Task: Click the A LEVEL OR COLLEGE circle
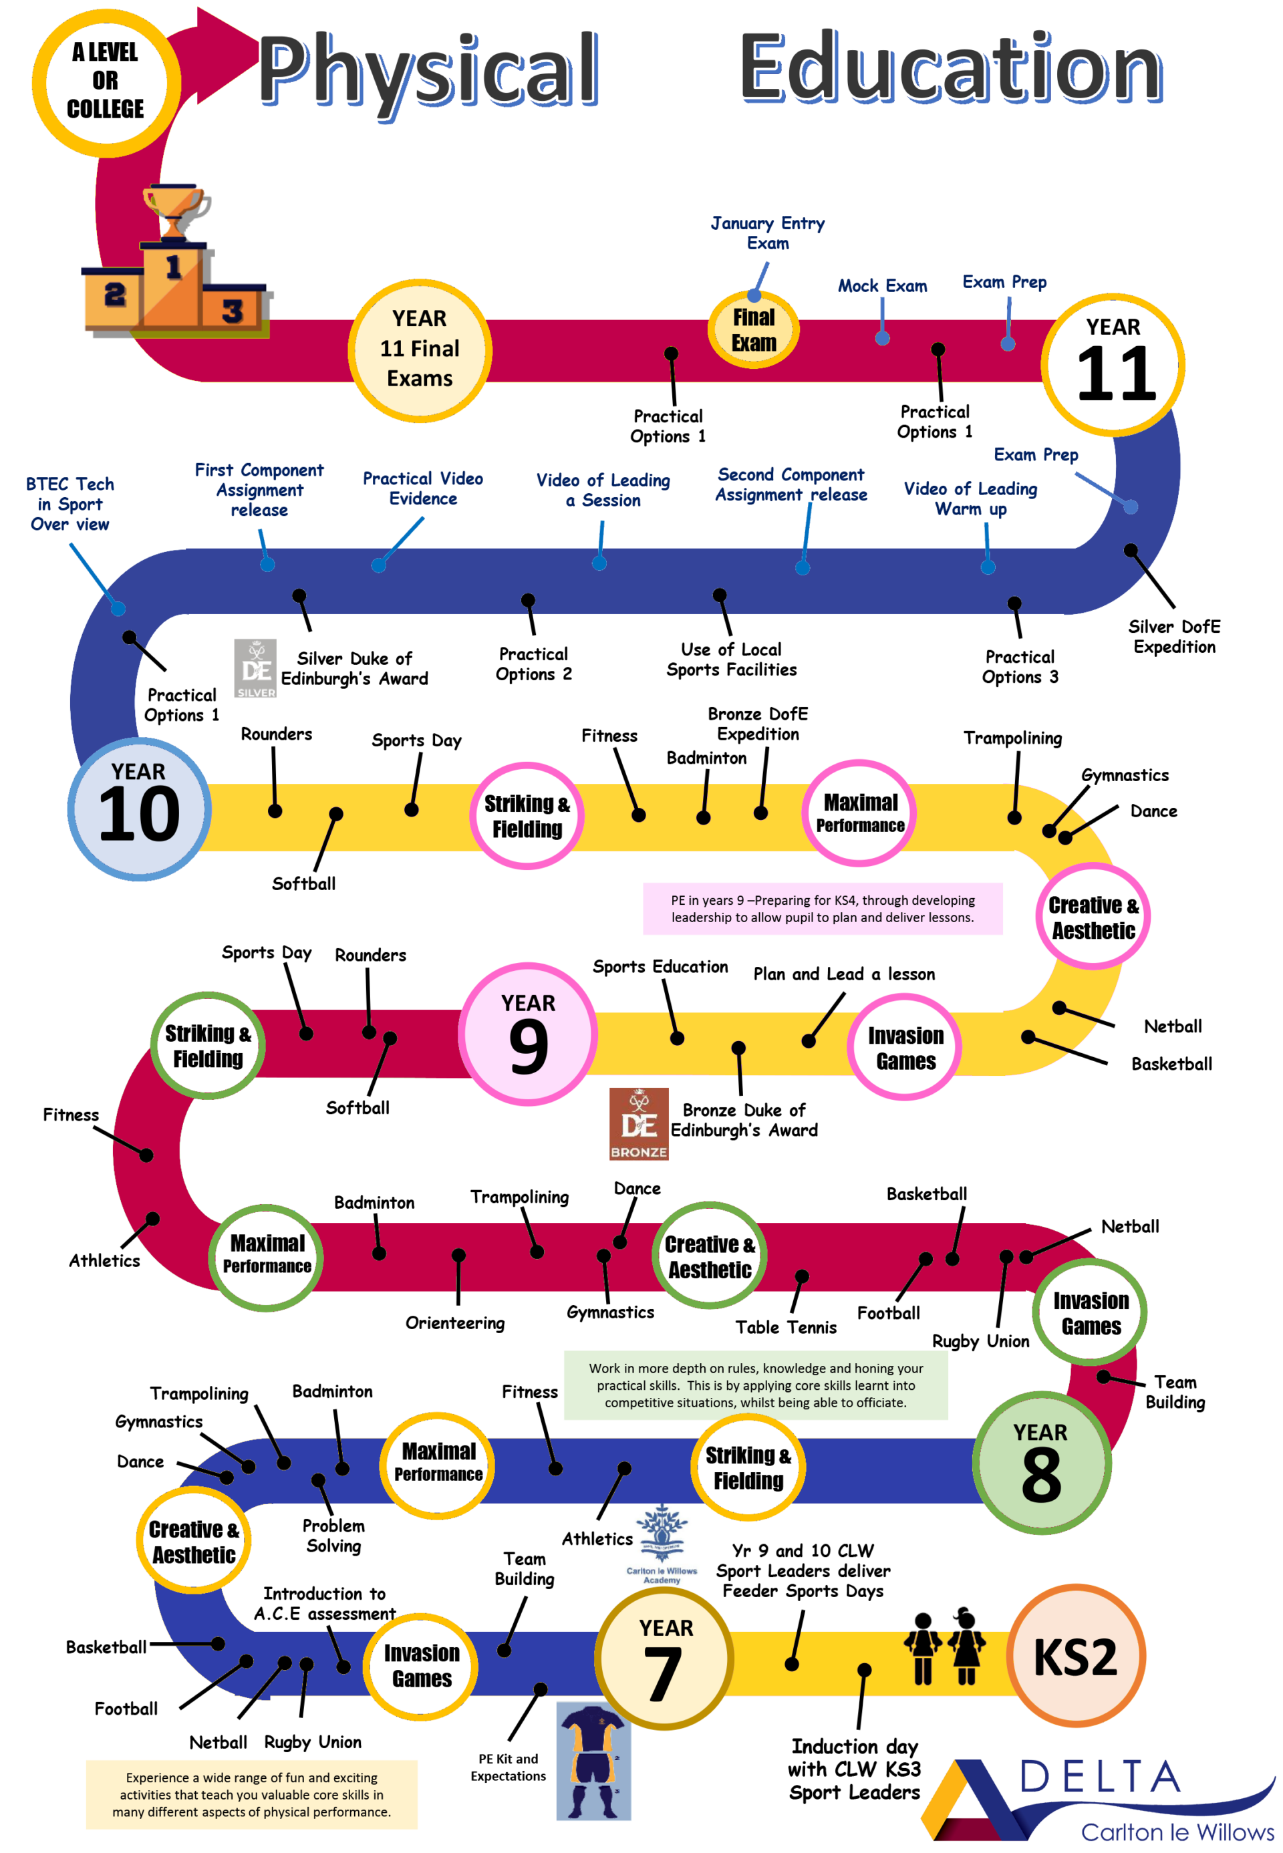click(106, 82)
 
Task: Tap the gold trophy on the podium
click(174, 210)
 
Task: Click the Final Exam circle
click(753, 329)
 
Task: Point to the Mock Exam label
click(882, 285)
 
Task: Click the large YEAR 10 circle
click(139, 808)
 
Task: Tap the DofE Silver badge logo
click(255, 668)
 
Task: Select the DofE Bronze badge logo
click(638, 1123)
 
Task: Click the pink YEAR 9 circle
click(528, 1034)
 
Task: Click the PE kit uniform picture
click(593, 1761)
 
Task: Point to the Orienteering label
click(455, 1322)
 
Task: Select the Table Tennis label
click(785, 1327)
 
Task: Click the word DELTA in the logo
click(1099, 1777)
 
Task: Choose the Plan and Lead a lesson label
click(843, 974)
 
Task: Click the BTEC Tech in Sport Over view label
click(70, 504)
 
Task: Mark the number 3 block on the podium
click(233, 310)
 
